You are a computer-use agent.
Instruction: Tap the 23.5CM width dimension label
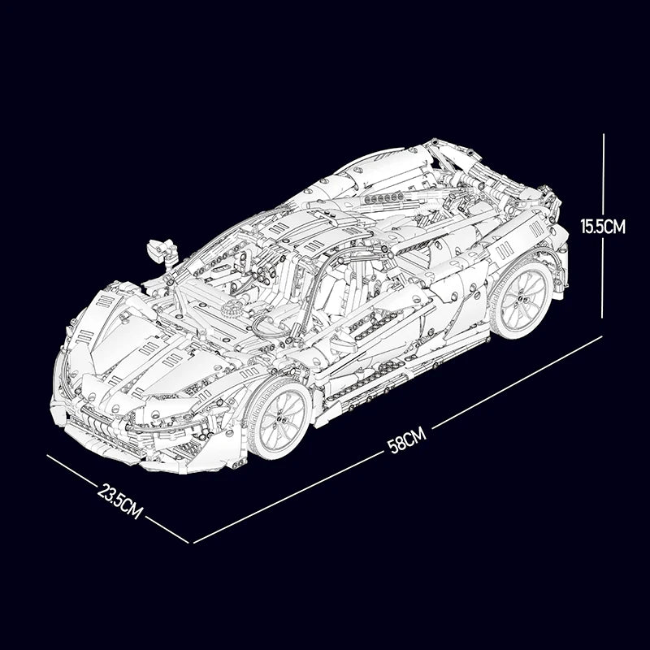120,500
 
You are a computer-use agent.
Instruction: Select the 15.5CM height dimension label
603,227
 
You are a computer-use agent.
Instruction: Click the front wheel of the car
280,418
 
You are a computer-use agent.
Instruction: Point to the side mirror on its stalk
162,252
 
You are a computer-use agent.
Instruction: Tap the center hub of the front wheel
281,418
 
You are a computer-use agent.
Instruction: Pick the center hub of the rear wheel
522,298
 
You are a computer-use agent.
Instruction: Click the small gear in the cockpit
231,308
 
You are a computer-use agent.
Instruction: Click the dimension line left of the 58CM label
288,497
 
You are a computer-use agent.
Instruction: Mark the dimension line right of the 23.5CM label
167,530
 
